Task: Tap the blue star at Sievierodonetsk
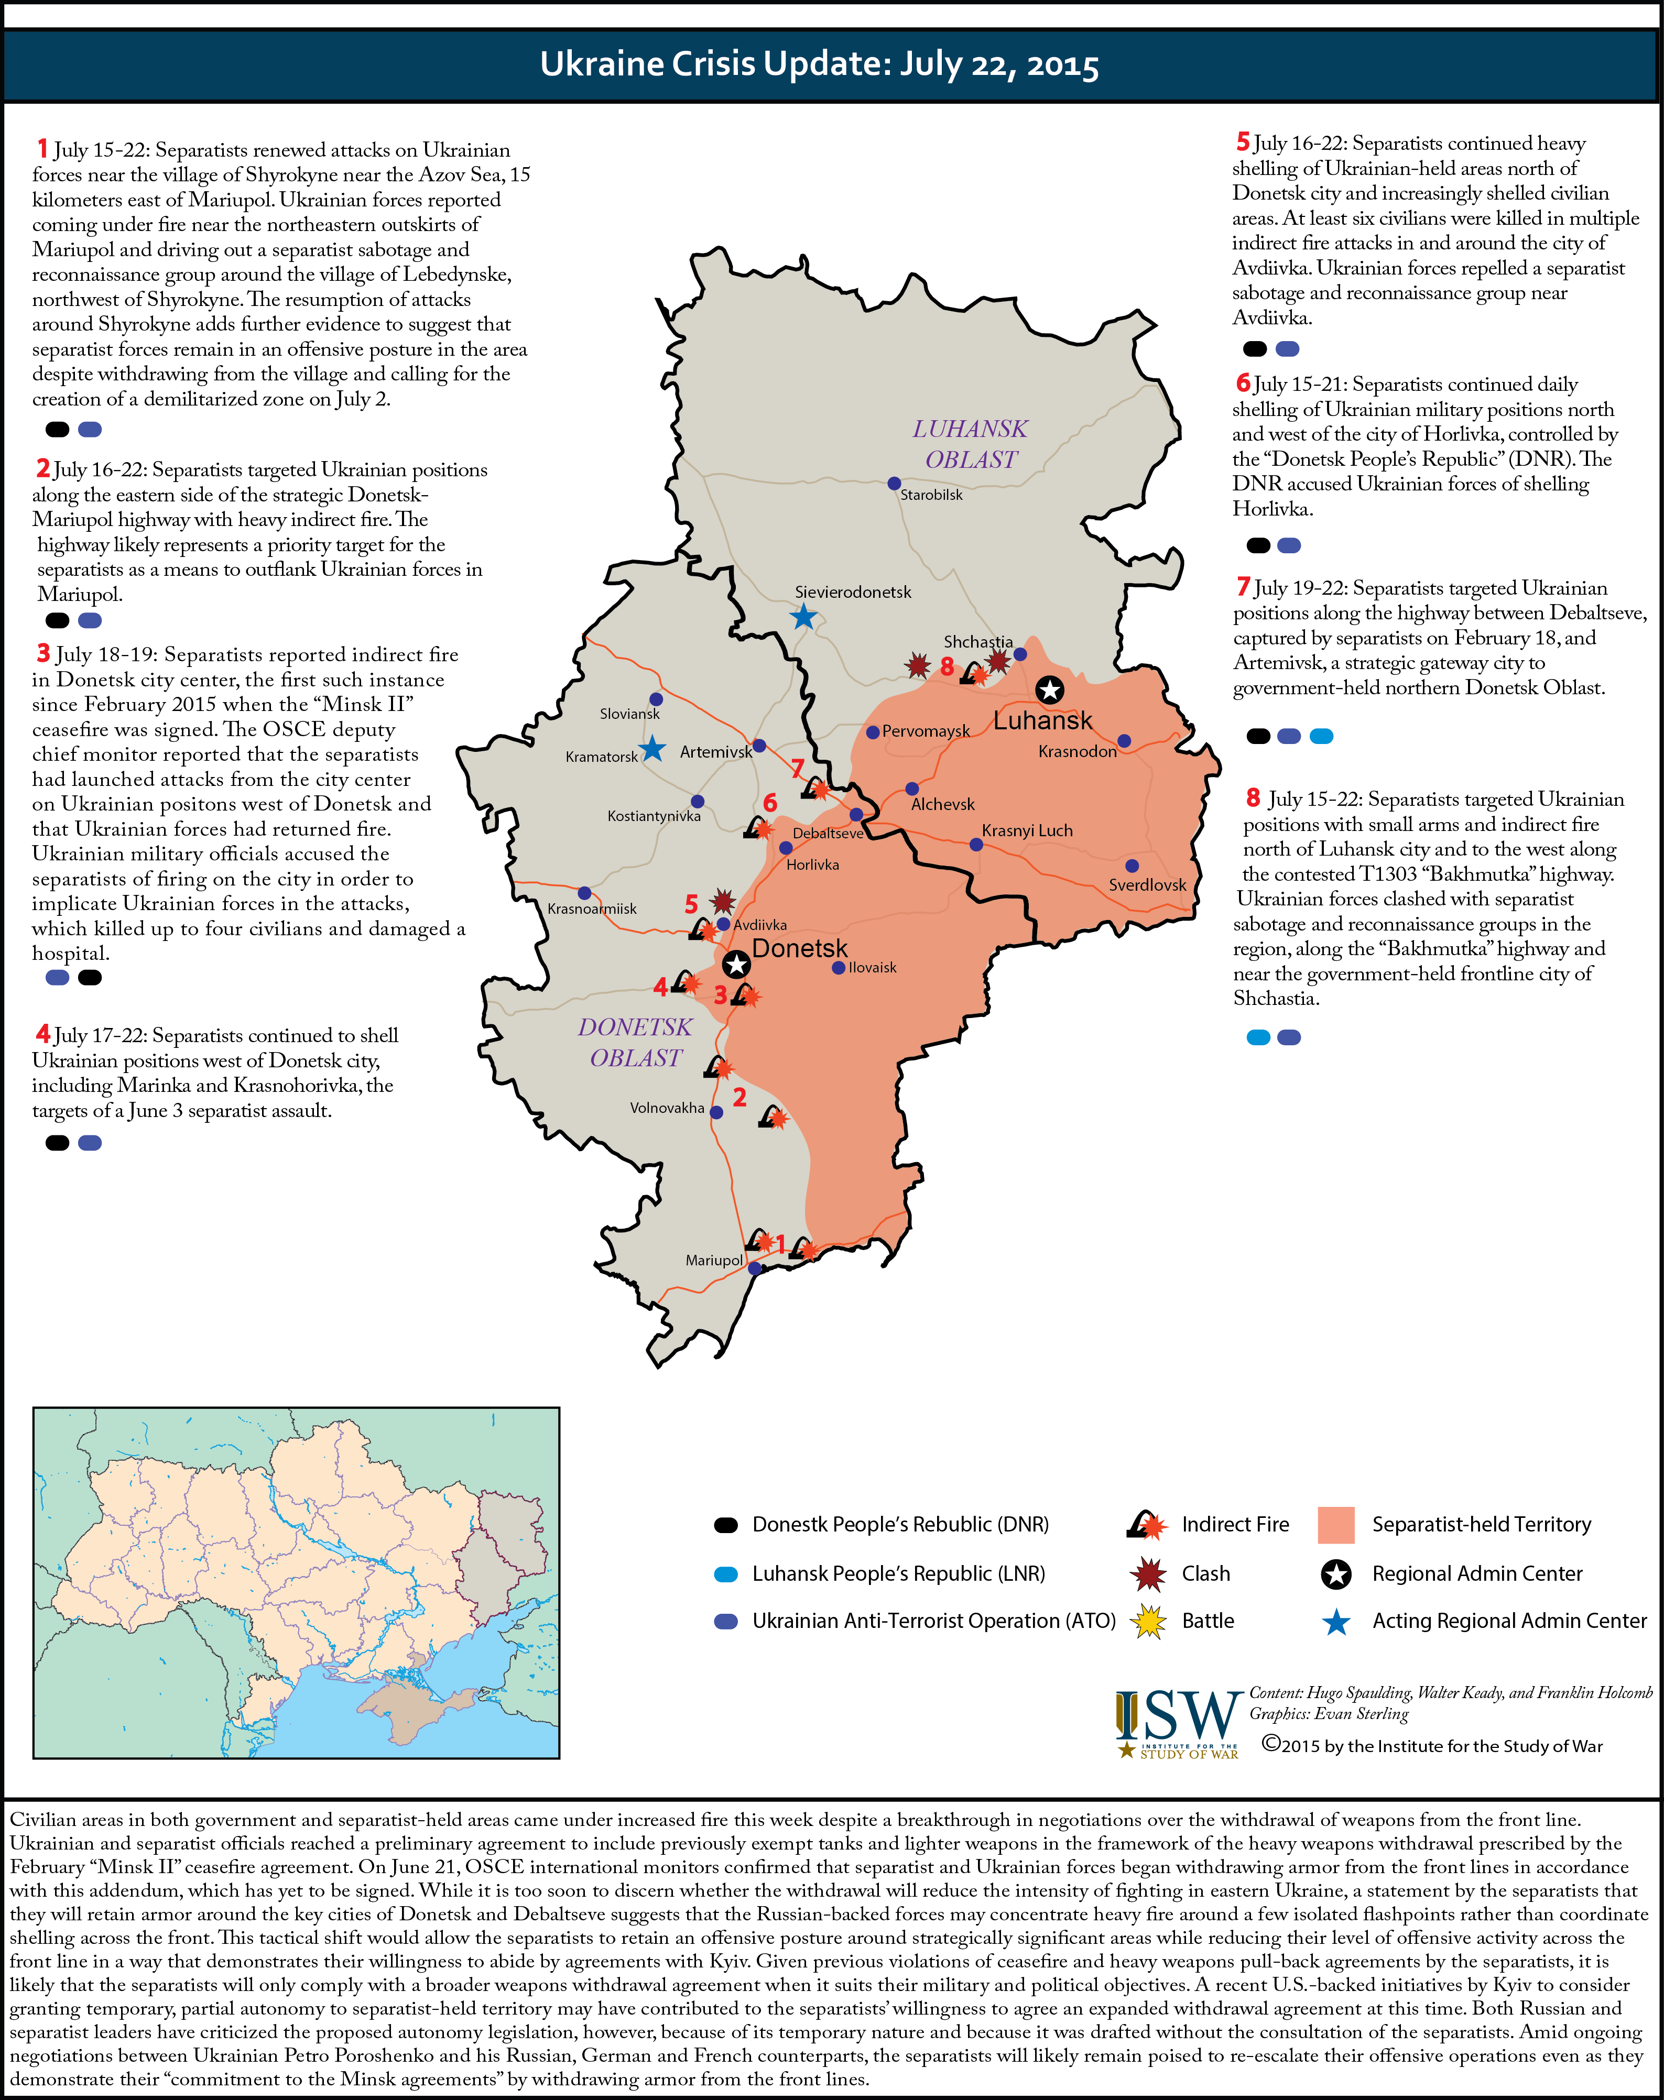(x=803, y=617)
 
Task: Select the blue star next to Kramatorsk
(x=652, y=749)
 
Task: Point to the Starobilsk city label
(x=931, y=495)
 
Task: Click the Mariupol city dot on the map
(x=754, y=1268)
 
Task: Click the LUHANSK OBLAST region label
(x=970, y=444)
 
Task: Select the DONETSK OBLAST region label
(x=635, y=1042)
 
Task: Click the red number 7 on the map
(x=797, y=769)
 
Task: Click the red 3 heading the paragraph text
(x=43, y=653)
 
